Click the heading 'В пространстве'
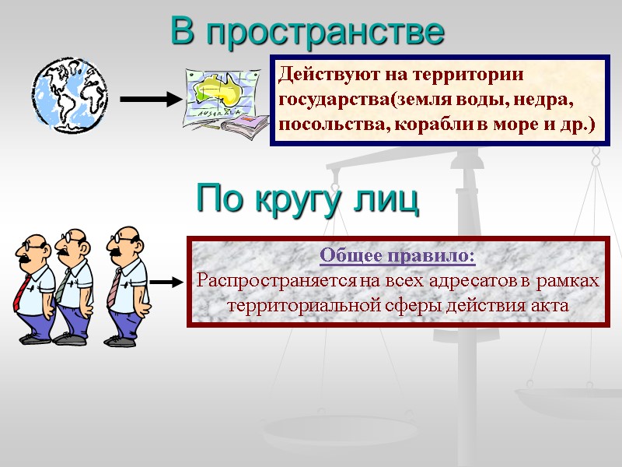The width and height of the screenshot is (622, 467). pos(307,32)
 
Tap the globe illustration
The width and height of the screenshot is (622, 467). pos(68,93)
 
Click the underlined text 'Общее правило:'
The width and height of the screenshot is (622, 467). pos(397,255)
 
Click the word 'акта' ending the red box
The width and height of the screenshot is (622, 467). pos(550,305)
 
